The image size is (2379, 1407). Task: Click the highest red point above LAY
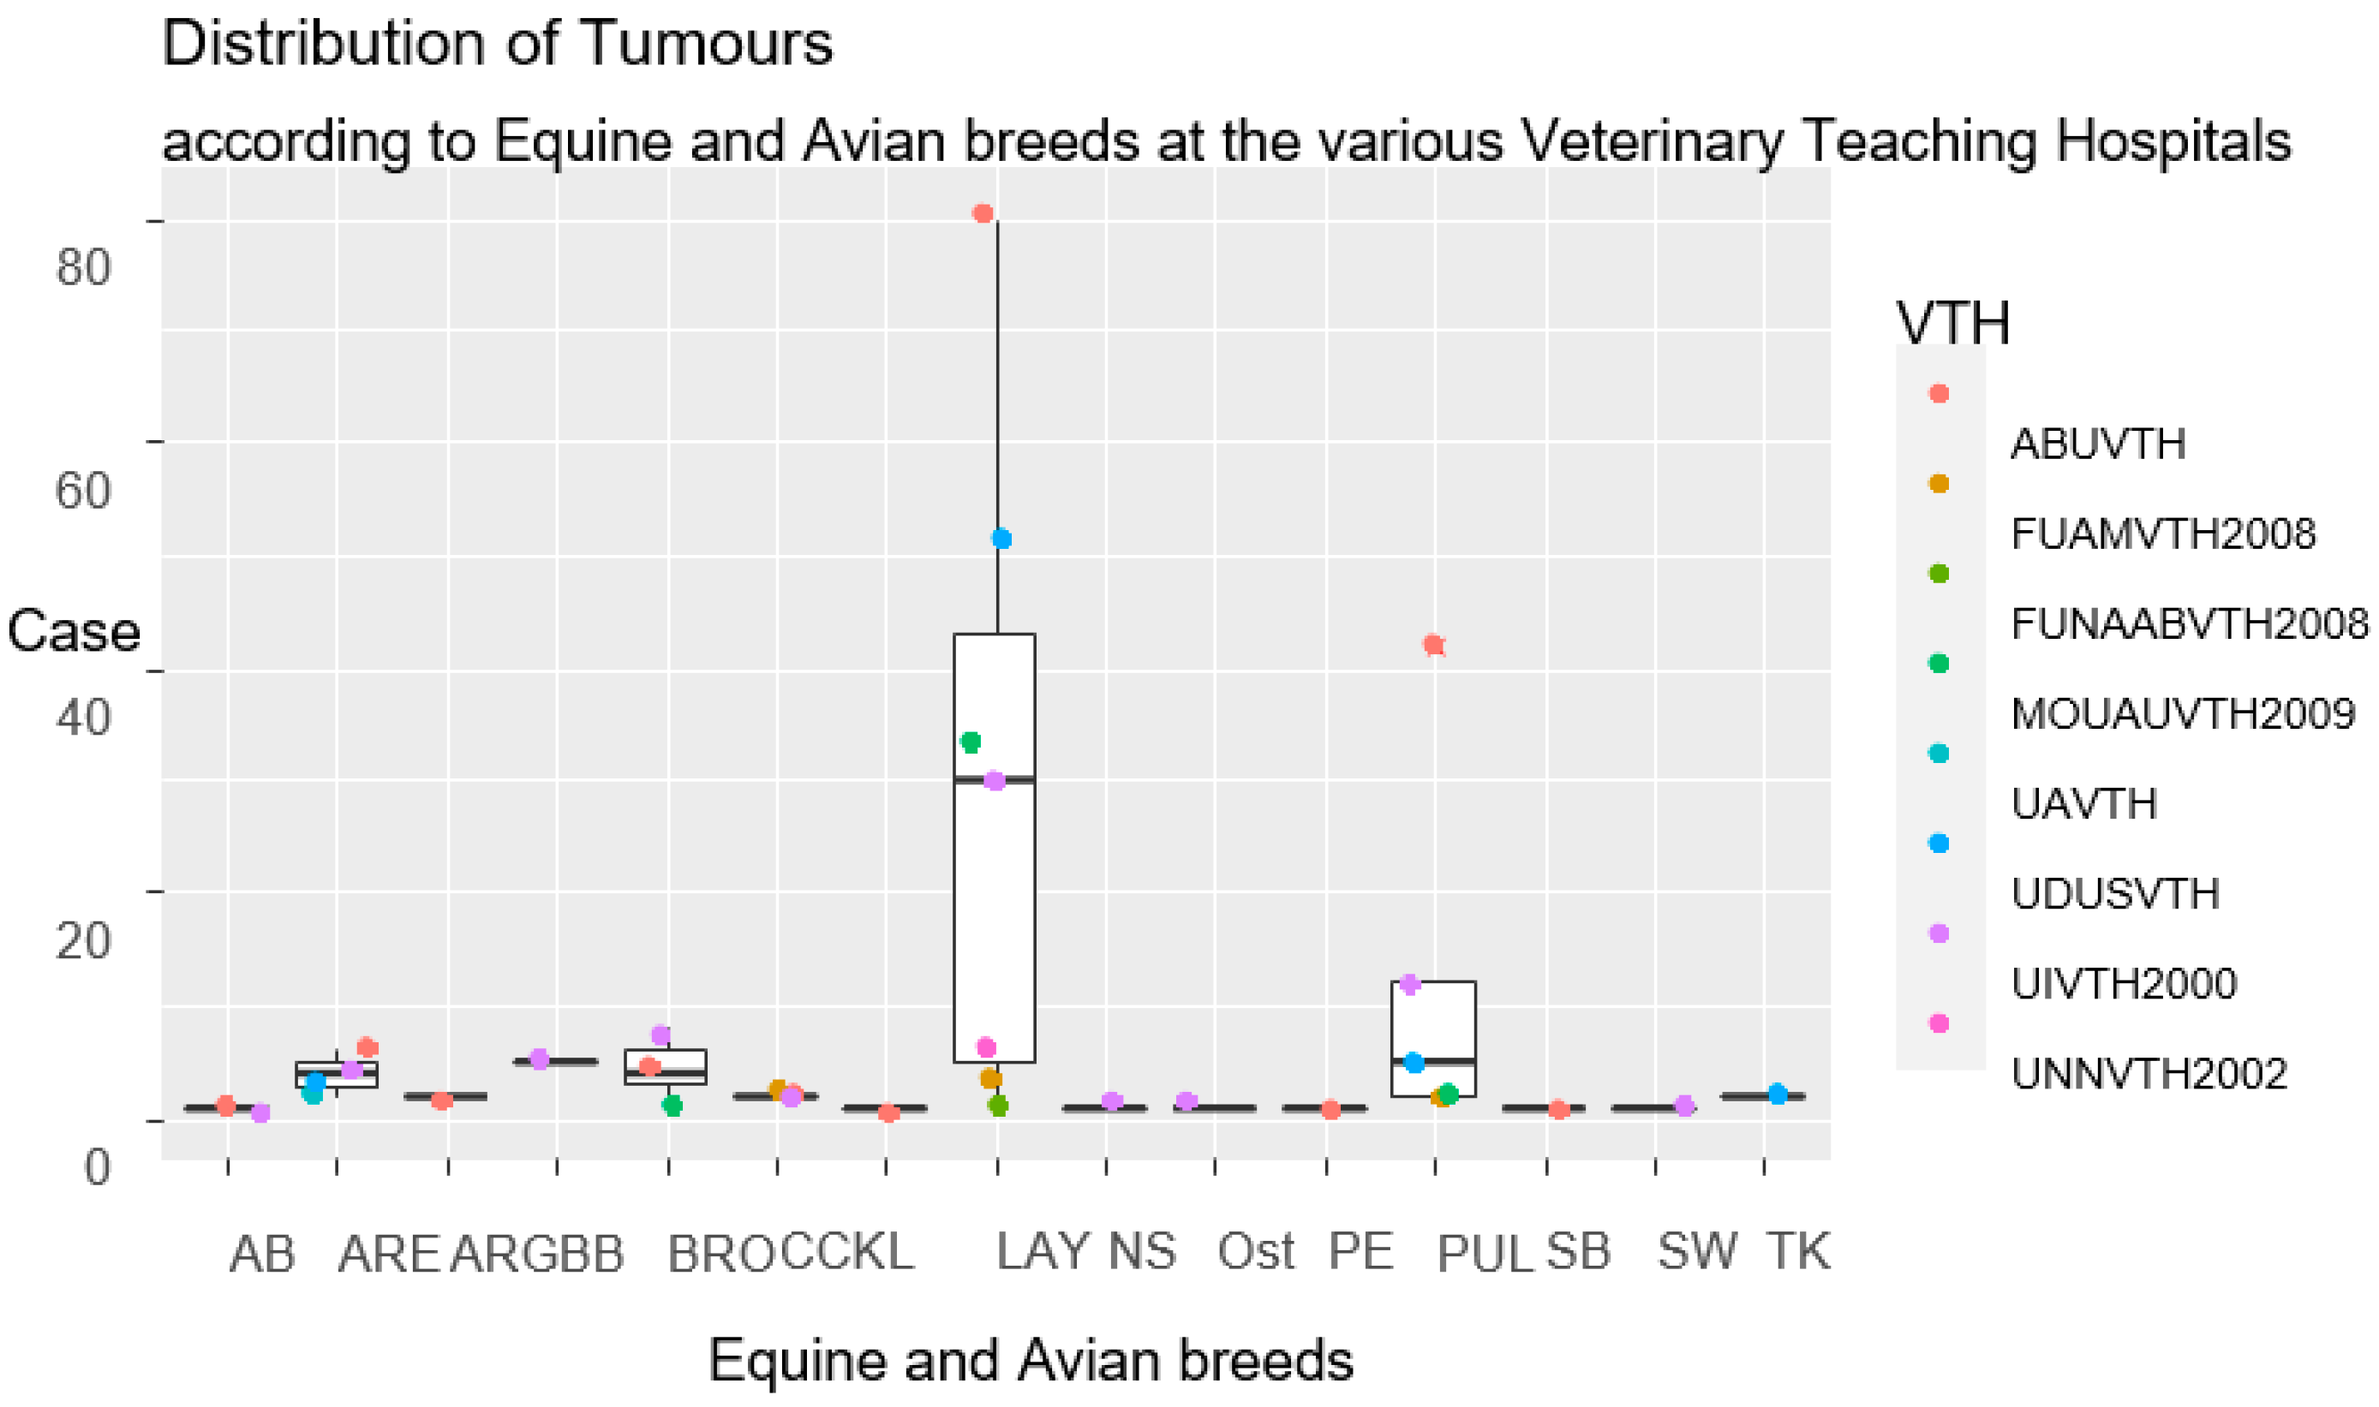coord(983,213)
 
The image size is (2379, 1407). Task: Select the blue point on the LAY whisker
coord(1001,539)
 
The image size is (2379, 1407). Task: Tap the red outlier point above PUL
coord(1434,646)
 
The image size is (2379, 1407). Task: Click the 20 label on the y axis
coord(83,939)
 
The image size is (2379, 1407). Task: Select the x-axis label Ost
coord(1255,1251)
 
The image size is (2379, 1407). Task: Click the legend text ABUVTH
coord(2097,444)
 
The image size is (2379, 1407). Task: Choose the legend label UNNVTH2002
coord(2149,1073)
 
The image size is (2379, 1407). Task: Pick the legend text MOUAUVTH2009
coord(2183,714)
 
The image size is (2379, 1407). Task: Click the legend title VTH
coord(1953,324)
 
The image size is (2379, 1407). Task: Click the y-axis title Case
coord(73,631)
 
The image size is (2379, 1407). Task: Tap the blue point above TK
coord(1777,1094)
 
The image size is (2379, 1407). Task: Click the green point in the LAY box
coord(970,742)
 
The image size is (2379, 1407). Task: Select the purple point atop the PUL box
coord(1410,984)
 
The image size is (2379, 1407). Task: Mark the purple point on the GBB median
coord(540,1059)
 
